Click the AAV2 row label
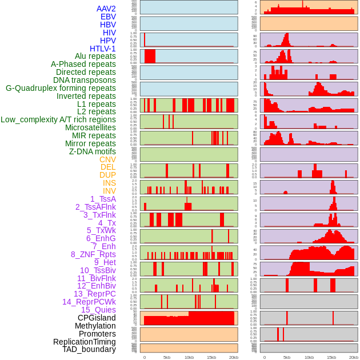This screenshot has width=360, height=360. (x=106, y=9)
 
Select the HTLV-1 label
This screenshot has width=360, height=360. (x=103, y=49)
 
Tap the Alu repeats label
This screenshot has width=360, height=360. (x=95, y=56)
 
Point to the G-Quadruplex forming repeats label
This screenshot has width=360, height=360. (x=61, y=88)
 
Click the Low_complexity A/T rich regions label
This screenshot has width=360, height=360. (x=58, y=119)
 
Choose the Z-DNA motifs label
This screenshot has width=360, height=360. (x=93, y=151)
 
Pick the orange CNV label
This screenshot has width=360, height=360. (x=107, y=159)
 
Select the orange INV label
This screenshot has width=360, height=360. (x=109, y=191)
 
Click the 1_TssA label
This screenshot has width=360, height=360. (x=103, y=199)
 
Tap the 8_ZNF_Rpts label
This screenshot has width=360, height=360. (x=93, y=254)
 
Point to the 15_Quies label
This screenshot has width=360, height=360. (x=98, y=310)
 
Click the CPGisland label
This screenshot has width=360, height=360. (x=97, y=318)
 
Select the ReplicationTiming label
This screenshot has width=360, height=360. (x=84, y=342)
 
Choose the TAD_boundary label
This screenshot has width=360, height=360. (x=89, y=349)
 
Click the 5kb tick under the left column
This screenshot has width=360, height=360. (x=167, y=357)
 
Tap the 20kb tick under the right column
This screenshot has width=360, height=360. (x=354, y=357)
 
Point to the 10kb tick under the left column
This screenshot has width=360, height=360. (x=189, y=357)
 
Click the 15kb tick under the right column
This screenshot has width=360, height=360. (x=331, y=357)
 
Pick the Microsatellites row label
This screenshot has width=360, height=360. (x=90, y=127)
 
